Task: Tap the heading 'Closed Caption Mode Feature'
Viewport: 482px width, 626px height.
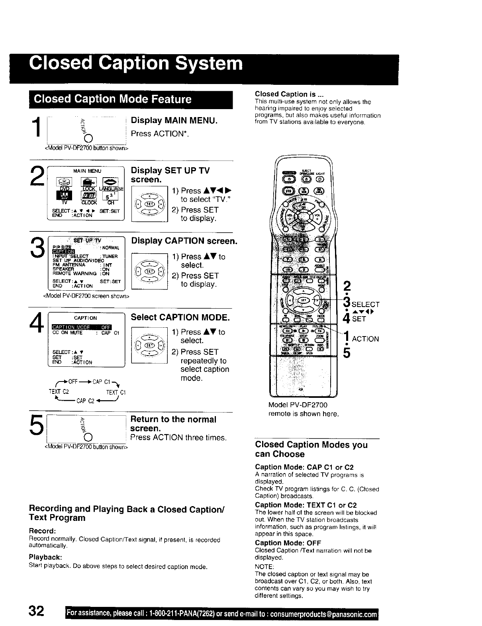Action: pyautogui.click(x=113, y=99)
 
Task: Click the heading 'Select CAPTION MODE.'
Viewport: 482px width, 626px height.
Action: pyautogui.click(x=180, y=317)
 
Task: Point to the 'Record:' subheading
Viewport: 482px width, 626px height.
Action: pyautogui.click(x=42, y=531)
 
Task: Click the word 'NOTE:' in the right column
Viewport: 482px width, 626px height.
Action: pyautogui.click(x=264, y=567)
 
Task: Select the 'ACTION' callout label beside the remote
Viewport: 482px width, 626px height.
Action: pyautogui.click(x=365, y=339)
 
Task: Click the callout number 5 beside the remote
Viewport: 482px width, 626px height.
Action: pyautogui.click(x=347, y=352)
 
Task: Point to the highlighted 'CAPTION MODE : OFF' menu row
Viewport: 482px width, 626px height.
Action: pyautogui.click(x=82, y=327)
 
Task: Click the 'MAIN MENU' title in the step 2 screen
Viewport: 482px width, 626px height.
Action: pyautogui.click(x=87, y=171)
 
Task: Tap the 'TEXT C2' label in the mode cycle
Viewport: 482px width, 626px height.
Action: pyautogui.click(x=59, y=391)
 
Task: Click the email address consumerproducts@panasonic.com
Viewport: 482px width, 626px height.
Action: pyautogui.click(x=323, y=614)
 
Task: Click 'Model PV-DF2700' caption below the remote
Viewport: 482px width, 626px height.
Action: pyautogui.click(x=298, y=405)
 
